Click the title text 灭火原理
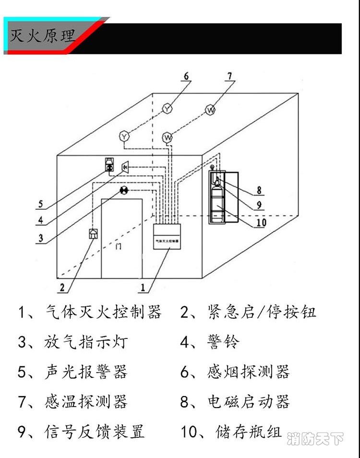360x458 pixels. [42, 36]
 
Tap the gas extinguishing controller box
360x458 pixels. [166, 237]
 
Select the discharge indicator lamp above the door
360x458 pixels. [124, 191]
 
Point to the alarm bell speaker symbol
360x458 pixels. [126, 167]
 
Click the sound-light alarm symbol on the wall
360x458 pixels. [109, 164]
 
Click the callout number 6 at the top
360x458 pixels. [186, 76]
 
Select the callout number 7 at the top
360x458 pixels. [229, 76]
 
